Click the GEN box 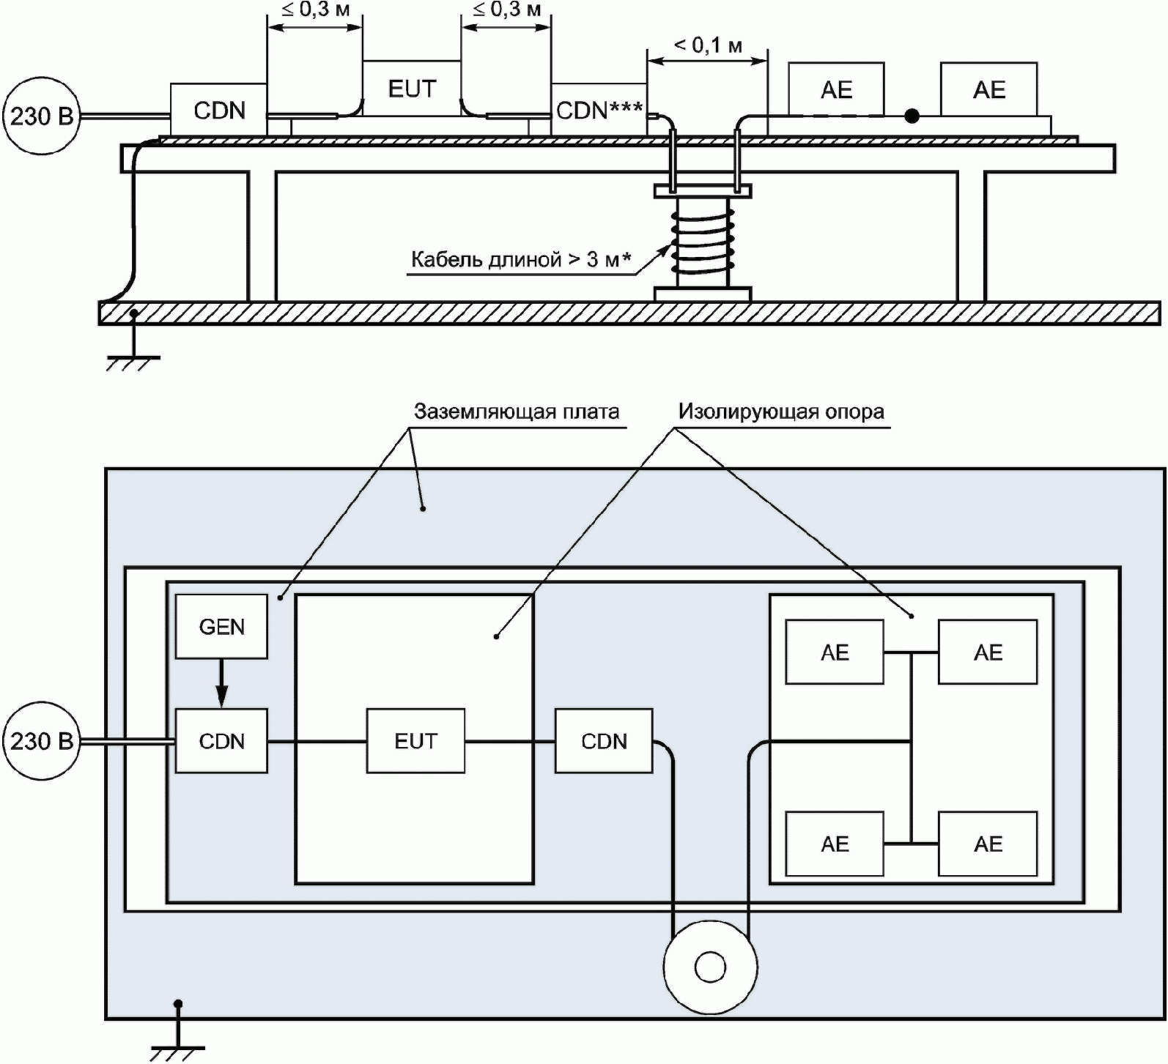tap(221, 626)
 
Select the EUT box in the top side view tap(412, 89)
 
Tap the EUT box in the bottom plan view tap(415, 740)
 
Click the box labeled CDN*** tap(599, 110)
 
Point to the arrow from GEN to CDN tap(221, 682)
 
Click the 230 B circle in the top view tap(42, 116)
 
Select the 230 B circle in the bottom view tap(42, 741)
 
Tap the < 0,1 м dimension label tap(708, 45)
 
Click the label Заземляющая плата tap(517, 412)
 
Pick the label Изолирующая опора tap(781, 412)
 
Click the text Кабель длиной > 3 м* tap(521, 259)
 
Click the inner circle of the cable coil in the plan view tap(709, 967)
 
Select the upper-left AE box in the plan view tap(835, 652)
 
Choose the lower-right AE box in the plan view tap(988, 844)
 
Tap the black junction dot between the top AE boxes tap(912, 116)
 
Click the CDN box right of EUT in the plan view tap(604, 740)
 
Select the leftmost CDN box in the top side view tap(218, 110)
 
